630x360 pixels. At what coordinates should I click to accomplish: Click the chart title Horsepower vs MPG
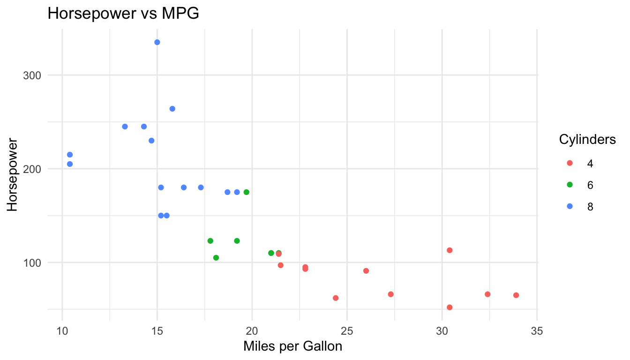123,14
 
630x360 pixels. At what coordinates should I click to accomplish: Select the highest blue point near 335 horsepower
157,42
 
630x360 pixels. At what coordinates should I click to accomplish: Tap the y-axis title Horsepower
13,174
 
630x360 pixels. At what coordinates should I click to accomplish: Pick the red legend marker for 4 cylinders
570,163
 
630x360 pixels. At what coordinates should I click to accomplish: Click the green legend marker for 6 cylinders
570,185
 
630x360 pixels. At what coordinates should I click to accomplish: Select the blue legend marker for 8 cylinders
570,206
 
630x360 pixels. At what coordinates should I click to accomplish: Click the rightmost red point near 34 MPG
516,295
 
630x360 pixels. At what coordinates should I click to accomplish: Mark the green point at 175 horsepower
246,192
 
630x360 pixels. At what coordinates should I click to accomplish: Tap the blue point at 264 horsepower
172,109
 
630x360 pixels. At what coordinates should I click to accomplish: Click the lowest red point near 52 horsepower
450,307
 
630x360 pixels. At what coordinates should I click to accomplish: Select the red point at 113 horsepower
450,250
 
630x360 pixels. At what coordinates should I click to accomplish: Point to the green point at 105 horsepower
216,258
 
